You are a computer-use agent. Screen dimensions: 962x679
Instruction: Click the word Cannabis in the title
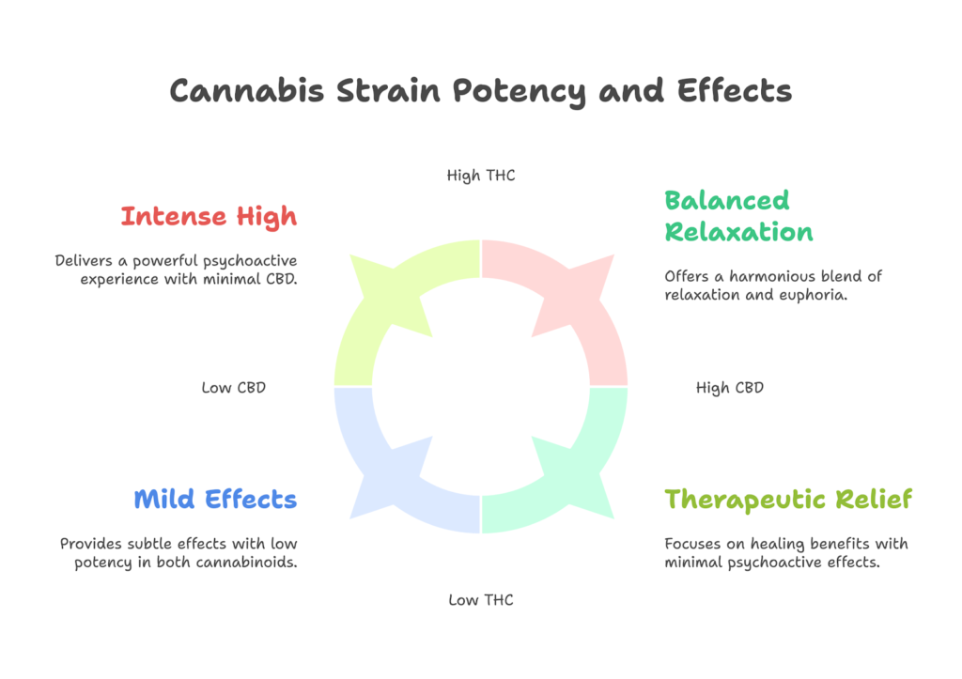[x=247, y=91]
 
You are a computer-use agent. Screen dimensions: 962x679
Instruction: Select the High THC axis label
[x=481, y=176]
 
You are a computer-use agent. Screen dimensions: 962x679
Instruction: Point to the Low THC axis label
[x=481, y=600]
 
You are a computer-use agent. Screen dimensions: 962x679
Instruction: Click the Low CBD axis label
[x=234, y=388]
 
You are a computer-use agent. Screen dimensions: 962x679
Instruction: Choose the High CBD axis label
[x=729, y=388]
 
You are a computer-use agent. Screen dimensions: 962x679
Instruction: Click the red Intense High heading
[x=209, y=217]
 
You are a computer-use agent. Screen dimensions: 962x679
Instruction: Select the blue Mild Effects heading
[x=215, y=500]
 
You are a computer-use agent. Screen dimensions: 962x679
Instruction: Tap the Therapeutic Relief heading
[x=788, y=500]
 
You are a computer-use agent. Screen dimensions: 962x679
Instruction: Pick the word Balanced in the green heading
[x=727, y=201]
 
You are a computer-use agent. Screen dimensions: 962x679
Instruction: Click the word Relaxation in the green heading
[x=738, y=232]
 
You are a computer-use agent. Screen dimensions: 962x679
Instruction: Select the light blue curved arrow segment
[x=383, y=471]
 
